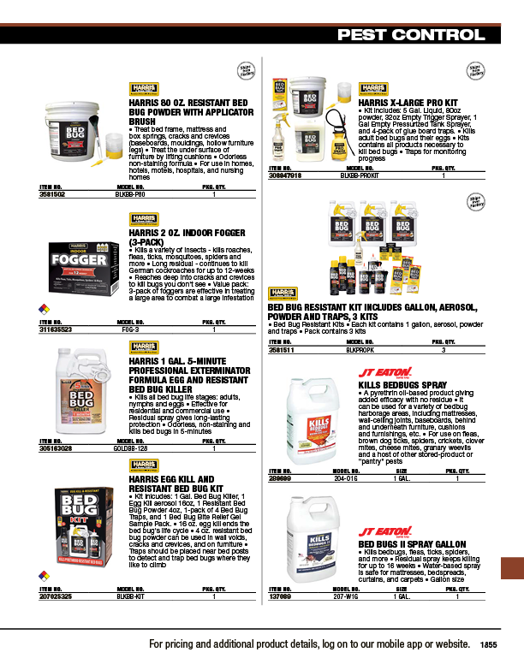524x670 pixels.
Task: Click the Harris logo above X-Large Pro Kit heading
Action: [372, 88]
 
